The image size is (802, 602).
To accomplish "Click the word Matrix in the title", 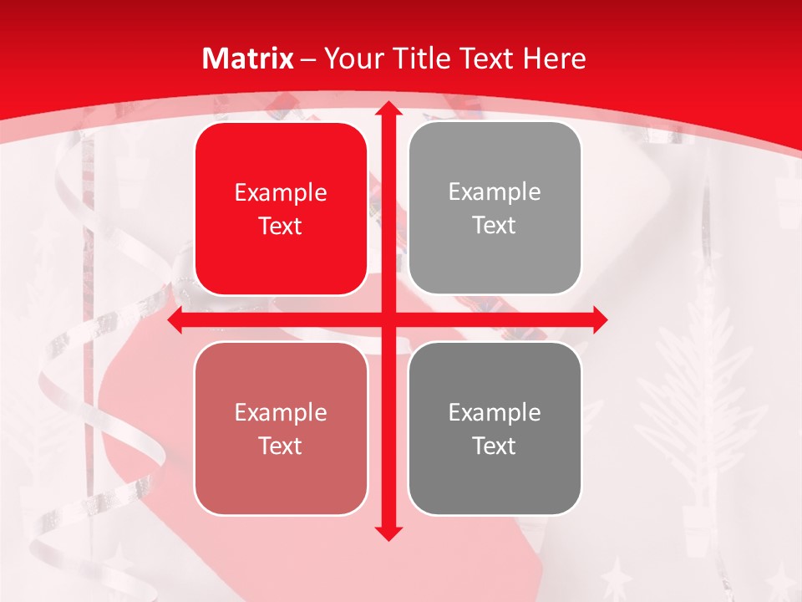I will coord(248,59).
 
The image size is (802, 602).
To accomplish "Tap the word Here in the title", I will coord(554,59).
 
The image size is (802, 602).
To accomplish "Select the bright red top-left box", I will coord(281,209).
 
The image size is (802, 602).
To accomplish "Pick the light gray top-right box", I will coord(495,208).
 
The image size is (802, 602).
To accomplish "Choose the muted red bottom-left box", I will coord(281,428).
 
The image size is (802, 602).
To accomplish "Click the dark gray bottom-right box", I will coord(495,428).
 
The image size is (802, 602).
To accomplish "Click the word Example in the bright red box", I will coord(281,193).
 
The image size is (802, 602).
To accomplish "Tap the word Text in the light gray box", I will coord(495,226).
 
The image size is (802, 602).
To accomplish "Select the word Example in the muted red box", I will coord(281,412).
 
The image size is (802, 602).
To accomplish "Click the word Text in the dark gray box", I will coord(495,446).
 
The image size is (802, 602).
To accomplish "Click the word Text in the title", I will coord(486,59).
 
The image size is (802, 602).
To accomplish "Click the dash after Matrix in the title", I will coord(308,59).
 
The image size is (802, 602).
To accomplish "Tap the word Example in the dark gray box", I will coord(495,412).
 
